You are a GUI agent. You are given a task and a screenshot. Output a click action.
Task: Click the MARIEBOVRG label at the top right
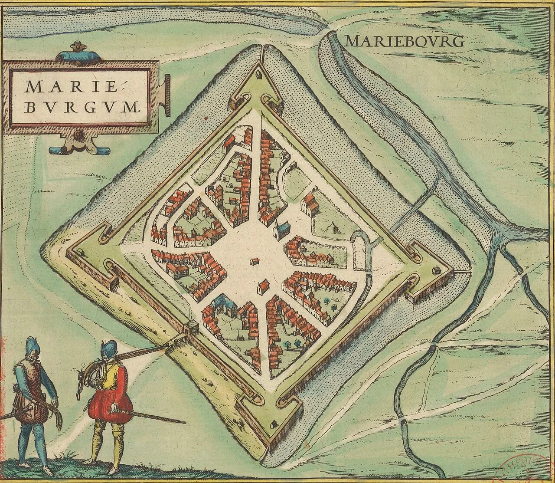point(404,41)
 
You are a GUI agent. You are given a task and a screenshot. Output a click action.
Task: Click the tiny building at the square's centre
point(255,261)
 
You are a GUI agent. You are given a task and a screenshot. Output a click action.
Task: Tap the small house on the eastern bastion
point(435,271)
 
